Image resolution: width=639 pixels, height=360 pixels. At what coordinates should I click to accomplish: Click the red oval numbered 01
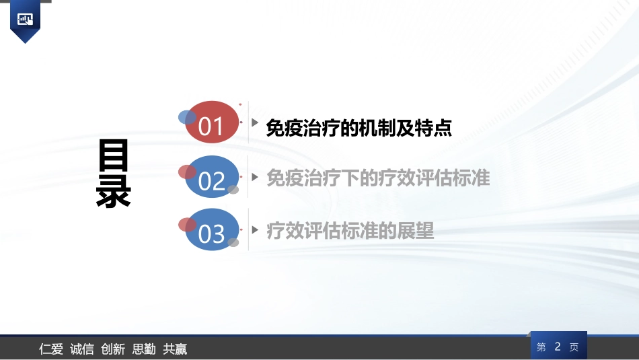pos(211,123)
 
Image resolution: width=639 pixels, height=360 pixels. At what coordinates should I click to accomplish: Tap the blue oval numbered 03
pos(211,231)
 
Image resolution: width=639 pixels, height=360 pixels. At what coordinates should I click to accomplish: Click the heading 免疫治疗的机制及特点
pos(359,128)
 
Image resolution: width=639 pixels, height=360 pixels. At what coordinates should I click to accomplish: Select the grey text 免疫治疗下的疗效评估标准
pos(378,178)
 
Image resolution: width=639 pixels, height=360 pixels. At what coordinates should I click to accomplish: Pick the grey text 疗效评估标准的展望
pos(350,231)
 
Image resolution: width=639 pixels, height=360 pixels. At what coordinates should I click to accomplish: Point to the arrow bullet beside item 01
pos(255,123)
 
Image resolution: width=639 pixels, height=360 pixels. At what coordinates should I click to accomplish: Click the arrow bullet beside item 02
pos(255,177)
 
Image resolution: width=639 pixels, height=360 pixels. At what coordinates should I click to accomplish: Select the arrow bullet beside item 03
pos(255,230)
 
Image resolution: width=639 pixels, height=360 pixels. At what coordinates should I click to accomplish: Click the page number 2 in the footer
pos(558,347)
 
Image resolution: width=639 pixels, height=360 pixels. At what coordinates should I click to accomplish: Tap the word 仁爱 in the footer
pos(51,349)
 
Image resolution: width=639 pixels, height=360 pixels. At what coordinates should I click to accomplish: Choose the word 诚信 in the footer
pos(82,349)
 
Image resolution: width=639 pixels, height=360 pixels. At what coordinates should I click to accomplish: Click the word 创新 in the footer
pos(113,349)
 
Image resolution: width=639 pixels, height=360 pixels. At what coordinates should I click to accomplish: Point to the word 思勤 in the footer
pos(144,349)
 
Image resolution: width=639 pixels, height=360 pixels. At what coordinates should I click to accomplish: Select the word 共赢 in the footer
pos(175,349)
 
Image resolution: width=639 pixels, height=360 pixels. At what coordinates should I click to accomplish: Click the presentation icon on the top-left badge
pos(26,19)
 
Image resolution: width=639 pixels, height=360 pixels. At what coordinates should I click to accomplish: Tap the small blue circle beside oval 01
pos(186,118)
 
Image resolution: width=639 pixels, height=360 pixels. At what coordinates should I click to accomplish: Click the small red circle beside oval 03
pos(187,225)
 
